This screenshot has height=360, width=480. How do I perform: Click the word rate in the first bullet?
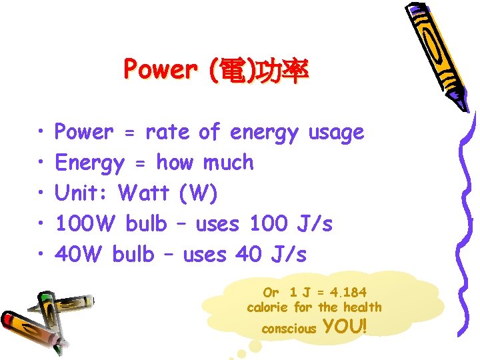(x=167, y=133)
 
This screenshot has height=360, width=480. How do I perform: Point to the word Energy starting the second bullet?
(x=89, y=163)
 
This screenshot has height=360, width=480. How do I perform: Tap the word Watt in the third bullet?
(x=143, y=193)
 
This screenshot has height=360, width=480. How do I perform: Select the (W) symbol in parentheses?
(x=197, y=193)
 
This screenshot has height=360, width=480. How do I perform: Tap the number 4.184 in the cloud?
(x=342, y=292)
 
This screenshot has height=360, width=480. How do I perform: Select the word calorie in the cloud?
(x=268, y=307)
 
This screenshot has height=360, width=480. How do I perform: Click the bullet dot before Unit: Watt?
(x=41, y=193)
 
